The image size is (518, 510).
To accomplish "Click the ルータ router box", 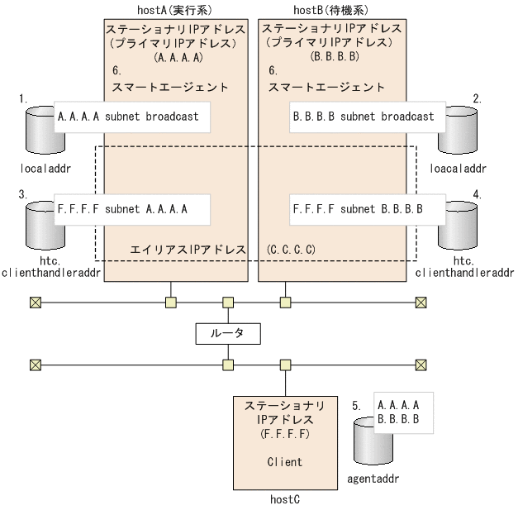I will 228,333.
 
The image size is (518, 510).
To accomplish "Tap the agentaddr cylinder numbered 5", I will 371,442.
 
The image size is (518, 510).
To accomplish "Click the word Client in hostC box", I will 285,463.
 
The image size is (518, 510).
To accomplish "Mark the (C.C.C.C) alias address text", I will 292,249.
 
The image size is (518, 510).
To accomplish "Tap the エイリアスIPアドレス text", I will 188,249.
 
